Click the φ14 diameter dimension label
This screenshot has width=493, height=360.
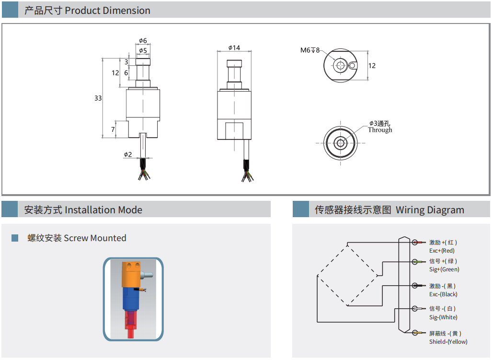(234, 47)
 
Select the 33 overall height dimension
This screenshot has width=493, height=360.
(98, 98)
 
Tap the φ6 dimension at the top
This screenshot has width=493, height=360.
(143, 41)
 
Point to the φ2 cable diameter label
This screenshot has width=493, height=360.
(127, 154)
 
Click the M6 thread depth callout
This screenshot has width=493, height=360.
(310, 50)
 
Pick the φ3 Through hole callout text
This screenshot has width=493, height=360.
(380, 127)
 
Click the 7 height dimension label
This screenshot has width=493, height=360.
(113, 129)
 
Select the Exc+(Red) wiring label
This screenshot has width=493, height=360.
(442, 250)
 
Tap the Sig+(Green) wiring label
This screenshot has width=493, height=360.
(444, 269)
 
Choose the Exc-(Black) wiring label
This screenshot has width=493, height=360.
(443, 294)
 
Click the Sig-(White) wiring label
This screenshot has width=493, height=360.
(443, 317)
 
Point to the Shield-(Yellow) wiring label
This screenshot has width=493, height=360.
(448, 342)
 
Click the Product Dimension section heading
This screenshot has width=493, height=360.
(87, 11)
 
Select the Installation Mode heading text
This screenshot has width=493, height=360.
(83, 210)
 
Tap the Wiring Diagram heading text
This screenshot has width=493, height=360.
(389, 210)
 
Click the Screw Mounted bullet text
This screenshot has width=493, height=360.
(77, 238)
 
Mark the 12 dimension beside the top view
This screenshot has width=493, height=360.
(372, 66)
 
